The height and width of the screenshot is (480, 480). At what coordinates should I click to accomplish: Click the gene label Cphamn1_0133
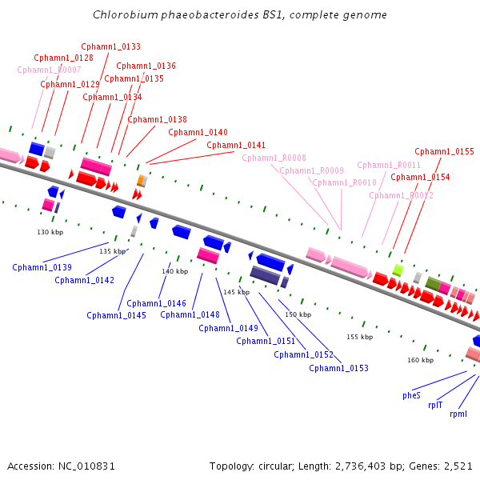(111, 46)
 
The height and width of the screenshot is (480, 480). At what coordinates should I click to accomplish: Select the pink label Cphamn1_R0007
(49, 70)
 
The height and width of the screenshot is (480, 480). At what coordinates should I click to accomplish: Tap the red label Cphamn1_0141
(236, 145)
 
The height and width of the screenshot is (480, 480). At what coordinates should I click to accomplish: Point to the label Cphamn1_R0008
(274, 158)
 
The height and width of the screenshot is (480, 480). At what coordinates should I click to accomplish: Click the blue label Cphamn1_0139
(42, 267)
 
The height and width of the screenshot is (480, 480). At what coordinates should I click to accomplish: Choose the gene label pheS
(411, 395)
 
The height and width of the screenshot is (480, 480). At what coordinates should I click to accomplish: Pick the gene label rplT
(435, 405)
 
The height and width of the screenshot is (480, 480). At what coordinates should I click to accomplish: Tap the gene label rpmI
(458, 414)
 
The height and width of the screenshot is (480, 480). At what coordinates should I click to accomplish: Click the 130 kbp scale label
(50, 232)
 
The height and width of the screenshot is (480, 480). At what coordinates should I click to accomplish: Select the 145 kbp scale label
(237, 292)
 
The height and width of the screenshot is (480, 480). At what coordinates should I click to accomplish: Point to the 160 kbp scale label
(421, 360)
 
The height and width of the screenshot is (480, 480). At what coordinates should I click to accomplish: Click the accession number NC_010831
(86, 466)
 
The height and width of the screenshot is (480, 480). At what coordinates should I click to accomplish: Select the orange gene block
(141, 180)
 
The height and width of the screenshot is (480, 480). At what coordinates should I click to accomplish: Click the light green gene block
(398, 270)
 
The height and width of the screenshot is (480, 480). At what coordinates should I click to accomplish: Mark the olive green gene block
(433, 284)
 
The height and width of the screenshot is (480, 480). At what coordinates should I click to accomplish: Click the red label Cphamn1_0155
(444, 151)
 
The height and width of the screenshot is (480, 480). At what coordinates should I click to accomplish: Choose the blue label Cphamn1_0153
(338, 368)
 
